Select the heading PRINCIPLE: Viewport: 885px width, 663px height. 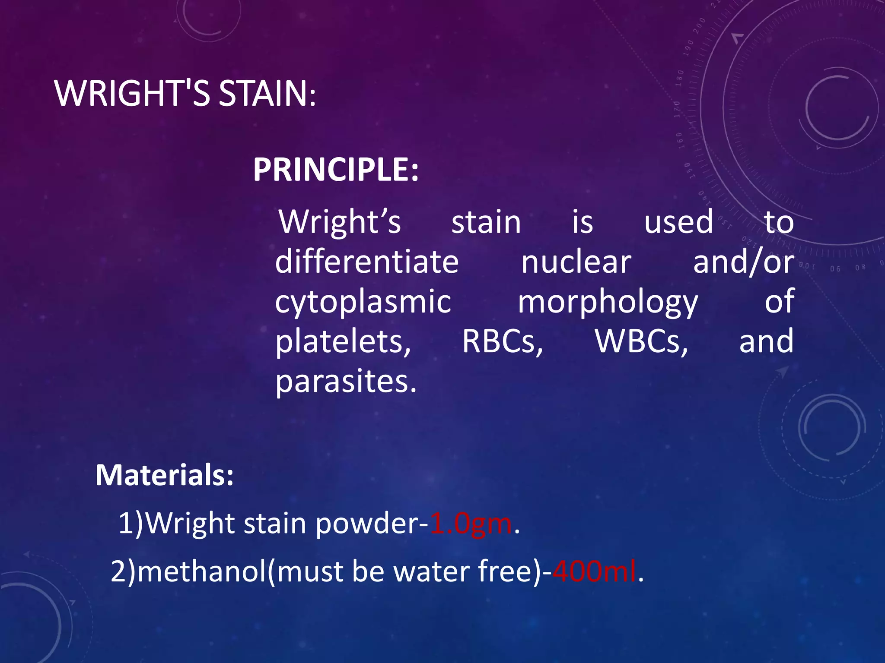point(336,169)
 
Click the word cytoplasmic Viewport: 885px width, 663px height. point(363,302)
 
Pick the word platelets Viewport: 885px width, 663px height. point(343,341)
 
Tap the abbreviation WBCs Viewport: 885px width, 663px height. point(641,341)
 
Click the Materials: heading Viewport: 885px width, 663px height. point(165,475)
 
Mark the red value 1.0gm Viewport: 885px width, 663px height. point(471,524)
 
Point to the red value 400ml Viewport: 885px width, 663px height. point(594,571)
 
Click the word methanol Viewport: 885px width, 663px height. point(202,571)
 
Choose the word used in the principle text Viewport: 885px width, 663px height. point(678,222)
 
